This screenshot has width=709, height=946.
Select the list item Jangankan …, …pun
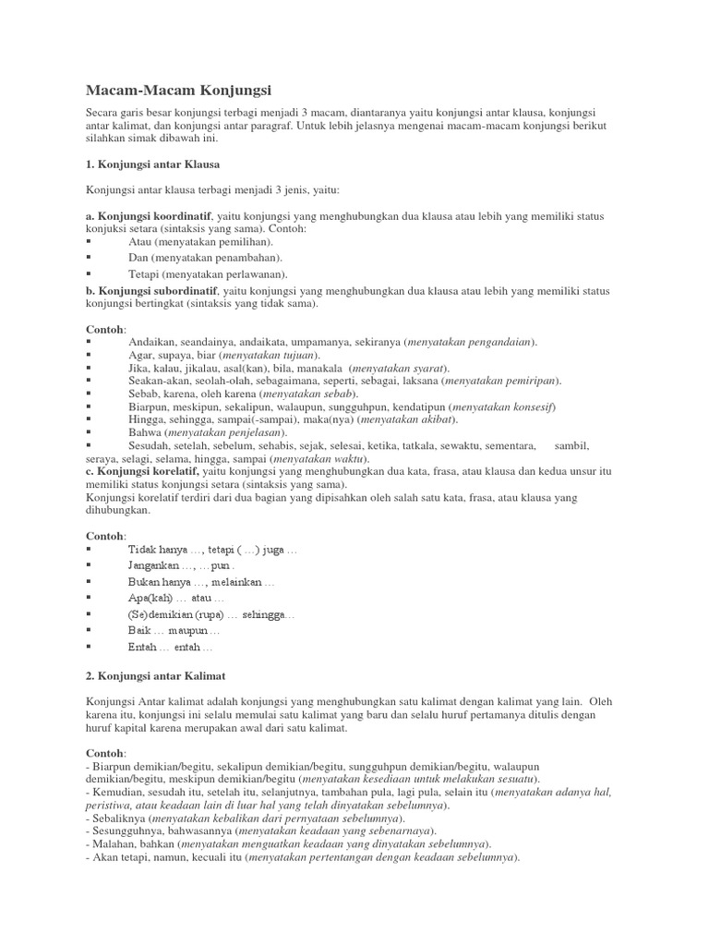182,565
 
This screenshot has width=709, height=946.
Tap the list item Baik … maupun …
174,630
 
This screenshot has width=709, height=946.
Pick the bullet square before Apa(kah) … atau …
89,598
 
